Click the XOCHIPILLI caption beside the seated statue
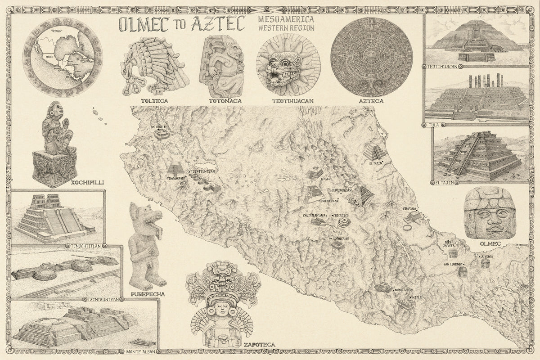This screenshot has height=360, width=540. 85,183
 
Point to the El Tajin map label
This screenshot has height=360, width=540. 376,164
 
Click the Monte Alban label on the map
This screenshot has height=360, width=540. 403,290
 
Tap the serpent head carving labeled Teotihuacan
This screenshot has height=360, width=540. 288,67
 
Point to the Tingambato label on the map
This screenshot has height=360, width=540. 176,178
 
